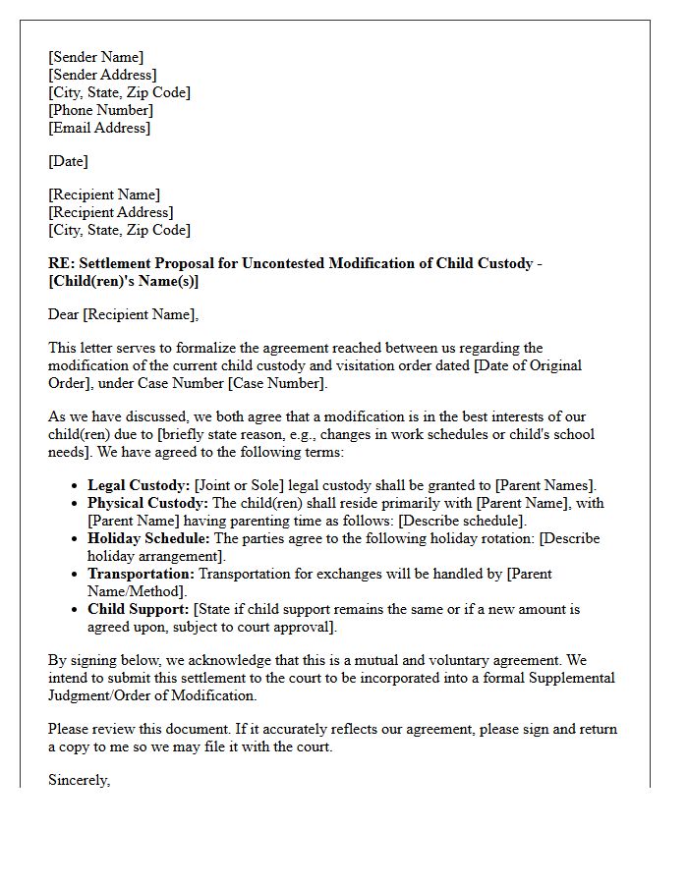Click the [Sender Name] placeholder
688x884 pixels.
(95, 57)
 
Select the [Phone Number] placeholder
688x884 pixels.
(100, 110)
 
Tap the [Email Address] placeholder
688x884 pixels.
(99, 128)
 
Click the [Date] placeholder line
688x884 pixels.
(68, 161)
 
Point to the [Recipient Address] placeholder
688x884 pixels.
(110, 212)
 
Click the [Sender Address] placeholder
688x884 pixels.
(101, 75)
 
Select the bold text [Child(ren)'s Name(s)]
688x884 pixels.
(123, 281)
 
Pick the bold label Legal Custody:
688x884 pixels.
(139, 485)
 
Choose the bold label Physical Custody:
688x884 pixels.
(147, 503)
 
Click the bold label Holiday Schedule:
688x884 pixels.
(147, 538)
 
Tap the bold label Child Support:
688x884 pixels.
(137, 609)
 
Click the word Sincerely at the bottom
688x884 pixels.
(79, 780)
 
